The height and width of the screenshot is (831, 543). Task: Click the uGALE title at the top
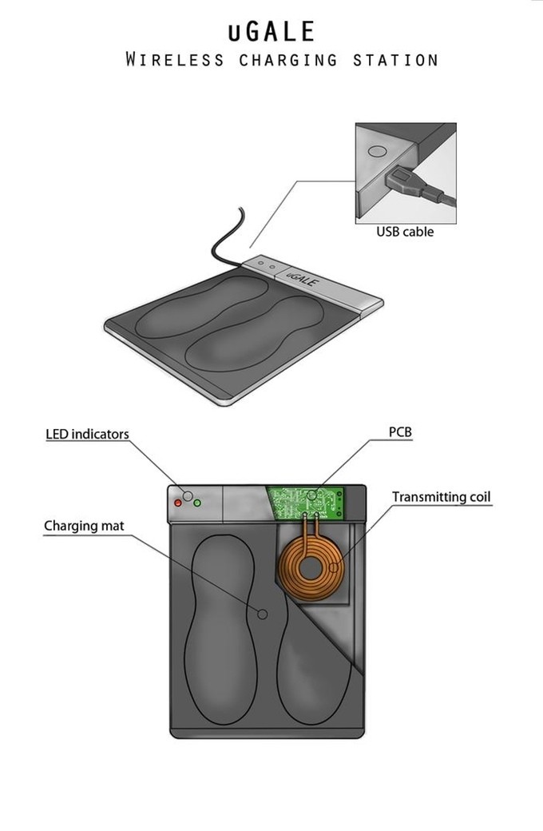pos(271,31)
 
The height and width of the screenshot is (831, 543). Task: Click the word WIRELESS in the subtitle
pos(175,59)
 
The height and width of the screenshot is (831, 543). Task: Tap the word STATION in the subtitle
pos(396,60)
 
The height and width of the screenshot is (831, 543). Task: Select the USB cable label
pos(405,232)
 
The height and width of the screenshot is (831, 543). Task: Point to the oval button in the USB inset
pos(377,151)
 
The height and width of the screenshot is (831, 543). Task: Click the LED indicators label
pos(87,434)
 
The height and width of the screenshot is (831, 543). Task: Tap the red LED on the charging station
pos(178,503)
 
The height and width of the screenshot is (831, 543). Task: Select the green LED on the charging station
pos(197,503)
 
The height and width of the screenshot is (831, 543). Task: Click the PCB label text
pos(400,432)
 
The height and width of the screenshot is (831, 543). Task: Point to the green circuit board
pos(306,502)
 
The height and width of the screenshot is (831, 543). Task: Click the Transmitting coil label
pos(442,497)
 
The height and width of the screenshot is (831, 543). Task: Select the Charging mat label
pos(84,526)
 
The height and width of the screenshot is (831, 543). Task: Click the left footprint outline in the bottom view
pos(220,628)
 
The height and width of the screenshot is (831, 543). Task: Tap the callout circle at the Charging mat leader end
pos(262,614)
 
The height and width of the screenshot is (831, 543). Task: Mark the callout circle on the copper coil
pos(333,567)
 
